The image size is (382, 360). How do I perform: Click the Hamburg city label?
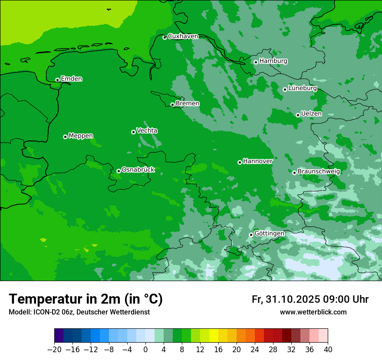point(273,61)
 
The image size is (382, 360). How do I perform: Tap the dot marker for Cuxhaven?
point(165,38)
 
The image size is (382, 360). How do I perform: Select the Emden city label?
point(71,79)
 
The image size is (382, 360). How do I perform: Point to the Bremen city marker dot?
point(172,105)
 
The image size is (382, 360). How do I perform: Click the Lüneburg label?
point(302,88)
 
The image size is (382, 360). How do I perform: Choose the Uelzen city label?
point(311,114)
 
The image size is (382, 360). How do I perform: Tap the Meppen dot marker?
point(65,137)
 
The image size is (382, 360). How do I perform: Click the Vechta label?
point(147,131)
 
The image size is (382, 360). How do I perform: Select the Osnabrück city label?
point(138,170)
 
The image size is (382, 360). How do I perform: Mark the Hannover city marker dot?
point(240,162)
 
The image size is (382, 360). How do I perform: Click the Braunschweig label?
point(319,171)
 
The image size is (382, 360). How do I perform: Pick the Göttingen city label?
point(269,233)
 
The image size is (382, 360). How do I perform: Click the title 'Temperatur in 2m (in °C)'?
point(86,299)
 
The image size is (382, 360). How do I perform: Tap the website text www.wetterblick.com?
point(313,312)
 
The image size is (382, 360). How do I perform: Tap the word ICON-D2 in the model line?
point(44,312)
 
